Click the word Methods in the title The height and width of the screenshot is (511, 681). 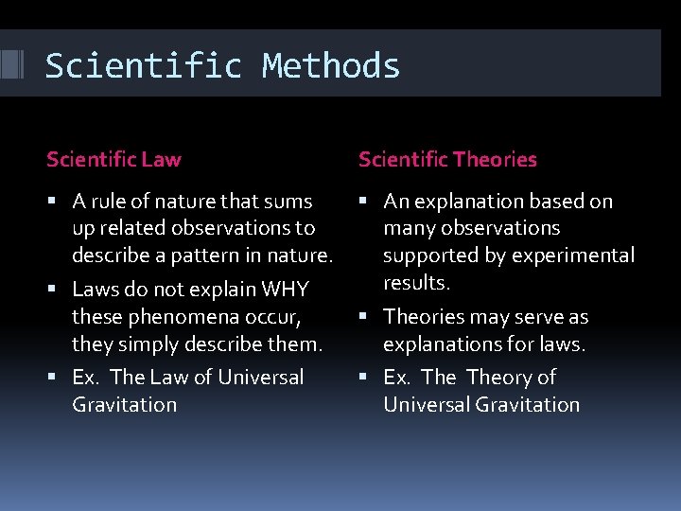(331, 66)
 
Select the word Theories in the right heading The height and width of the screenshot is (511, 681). (493, 160)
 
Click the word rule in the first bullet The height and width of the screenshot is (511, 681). (108, 202)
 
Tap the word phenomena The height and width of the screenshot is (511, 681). (174, 316)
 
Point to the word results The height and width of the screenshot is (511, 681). (415, 282)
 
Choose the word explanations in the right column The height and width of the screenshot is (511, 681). (439, 344)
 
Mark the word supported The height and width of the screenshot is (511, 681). (427, 255)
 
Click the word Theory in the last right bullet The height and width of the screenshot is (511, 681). (498, 378)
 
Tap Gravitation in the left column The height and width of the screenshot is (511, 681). (124, 404)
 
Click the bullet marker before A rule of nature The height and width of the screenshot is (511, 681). (58, 202)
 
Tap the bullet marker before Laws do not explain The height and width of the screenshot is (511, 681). (58, 290)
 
